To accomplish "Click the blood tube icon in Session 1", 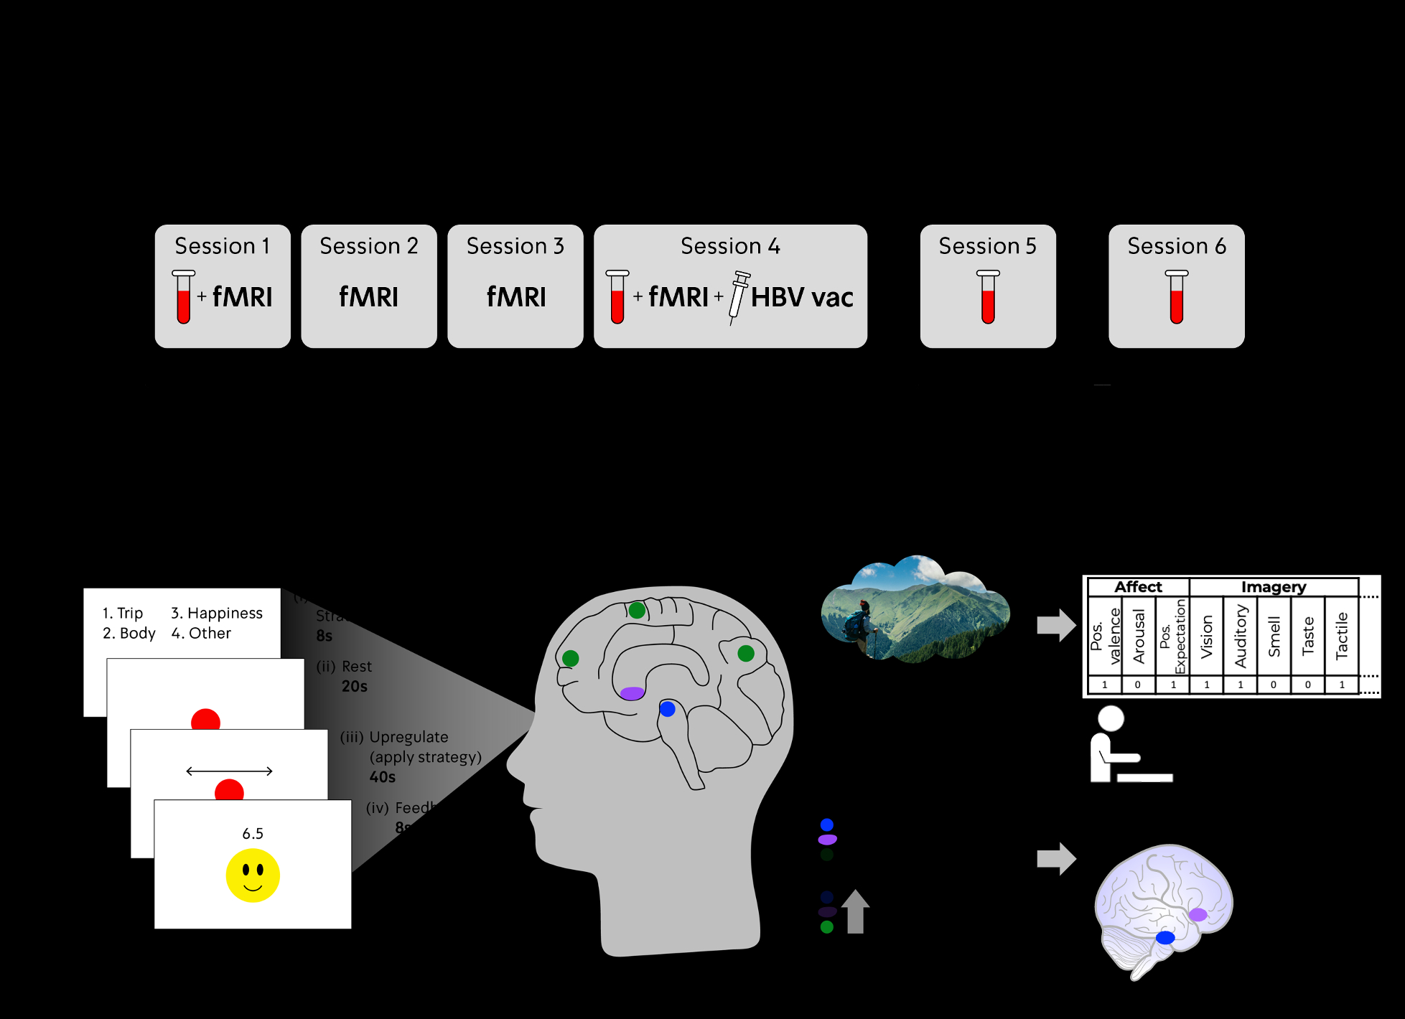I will point(184,296).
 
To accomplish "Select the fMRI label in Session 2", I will point(368,297).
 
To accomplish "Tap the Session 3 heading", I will point(515,246).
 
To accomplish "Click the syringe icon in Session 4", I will point(739,296).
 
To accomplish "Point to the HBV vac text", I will point(802,297).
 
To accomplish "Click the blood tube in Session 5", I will point(988,296).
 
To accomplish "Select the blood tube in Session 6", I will point(1176,296).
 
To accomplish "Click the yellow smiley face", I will point(253,875).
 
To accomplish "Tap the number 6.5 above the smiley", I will point(253,834).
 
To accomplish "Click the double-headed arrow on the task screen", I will point(229,771).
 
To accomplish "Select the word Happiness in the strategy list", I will point(225,614).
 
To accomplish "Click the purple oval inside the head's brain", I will point(632,693).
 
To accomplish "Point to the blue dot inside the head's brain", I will point(668,709).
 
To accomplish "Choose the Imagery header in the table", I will point(1273,587).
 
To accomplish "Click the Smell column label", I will point(1274,637).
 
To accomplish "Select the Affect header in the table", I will point(1138,587).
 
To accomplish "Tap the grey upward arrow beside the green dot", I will point(855,911).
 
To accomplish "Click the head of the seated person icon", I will point(1111,718).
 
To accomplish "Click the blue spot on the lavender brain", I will point(1165,937).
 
